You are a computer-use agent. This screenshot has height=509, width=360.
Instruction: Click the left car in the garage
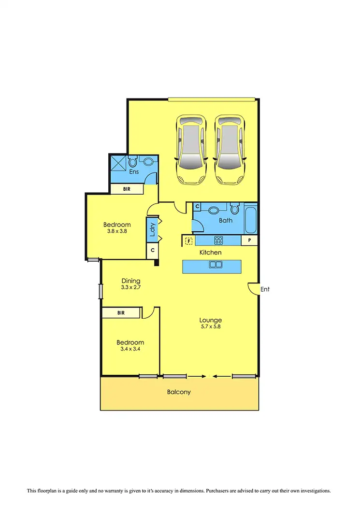[x=192, y=149]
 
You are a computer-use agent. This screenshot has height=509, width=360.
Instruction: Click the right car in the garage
[x=230, y=149]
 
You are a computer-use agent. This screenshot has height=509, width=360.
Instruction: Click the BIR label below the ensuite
[x=127, y=189]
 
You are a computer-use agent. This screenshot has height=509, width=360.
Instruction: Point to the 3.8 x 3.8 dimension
[x=117, y=231]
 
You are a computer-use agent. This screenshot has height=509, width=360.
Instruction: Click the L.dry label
[x=152, y=230]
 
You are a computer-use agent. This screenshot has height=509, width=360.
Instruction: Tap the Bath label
[x=226, y=220]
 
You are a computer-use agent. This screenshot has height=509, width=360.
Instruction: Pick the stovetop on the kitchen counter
[x=218, y=240]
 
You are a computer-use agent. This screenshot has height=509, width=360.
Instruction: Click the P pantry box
[x=249, y=240]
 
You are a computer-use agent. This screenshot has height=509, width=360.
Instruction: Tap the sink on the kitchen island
[x=215, y=265]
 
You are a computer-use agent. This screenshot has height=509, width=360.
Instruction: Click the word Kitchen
[x=211, y=253]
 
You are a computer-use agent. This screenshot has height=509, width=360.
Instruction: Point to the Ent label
[x=265, y=290]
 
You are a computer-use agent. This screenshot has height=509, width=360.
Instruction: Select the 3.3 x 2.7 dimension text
[x=131, y=287]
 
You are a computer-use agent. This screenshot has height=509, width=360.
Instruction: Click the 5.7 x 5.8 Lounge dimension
[x=211, y=327]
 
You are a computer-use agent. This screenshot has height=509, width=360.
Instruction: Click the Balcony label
[x=179, y=392]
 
